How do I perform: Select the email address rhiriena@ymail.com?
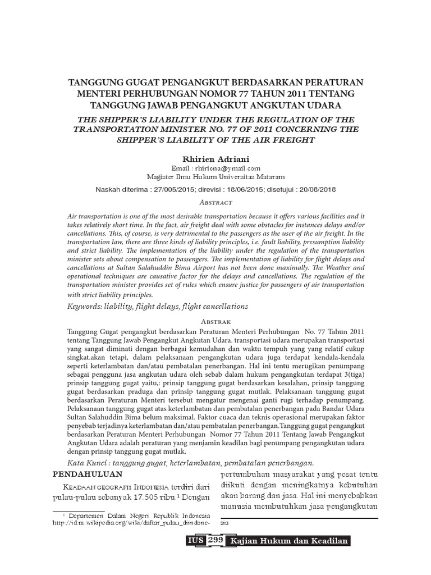tap(227, 168)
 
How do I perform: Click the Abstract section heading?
tap(215, 202)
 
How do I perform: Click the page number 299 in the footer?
tap(215, 541)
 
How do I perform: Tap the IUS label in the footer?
tap(196, 541)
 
